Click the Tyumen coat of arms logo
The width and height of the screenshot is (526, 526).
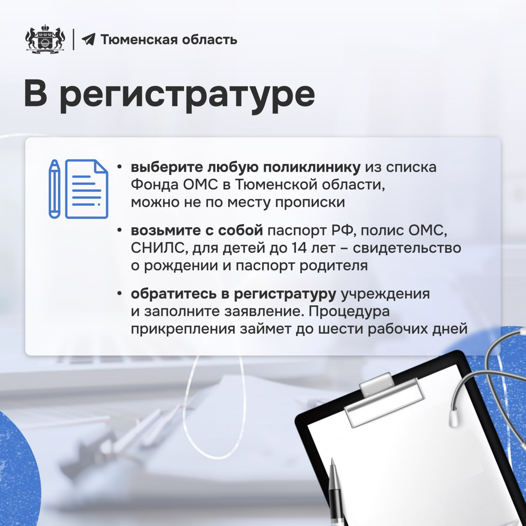45,39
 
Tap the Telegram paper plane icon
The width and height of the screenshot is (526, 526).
88,39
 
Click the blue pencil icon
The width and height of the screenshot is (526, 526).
54,189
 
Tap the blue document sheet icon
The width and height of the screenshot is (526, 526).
87,189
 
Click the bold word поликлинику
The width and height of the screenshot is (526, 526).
311,168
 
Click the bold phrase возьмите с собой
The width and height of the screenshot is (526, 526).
196,231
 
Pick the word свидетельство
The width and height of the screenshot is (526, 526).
407,248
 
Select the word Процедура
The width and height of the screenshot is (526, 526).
349,311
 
